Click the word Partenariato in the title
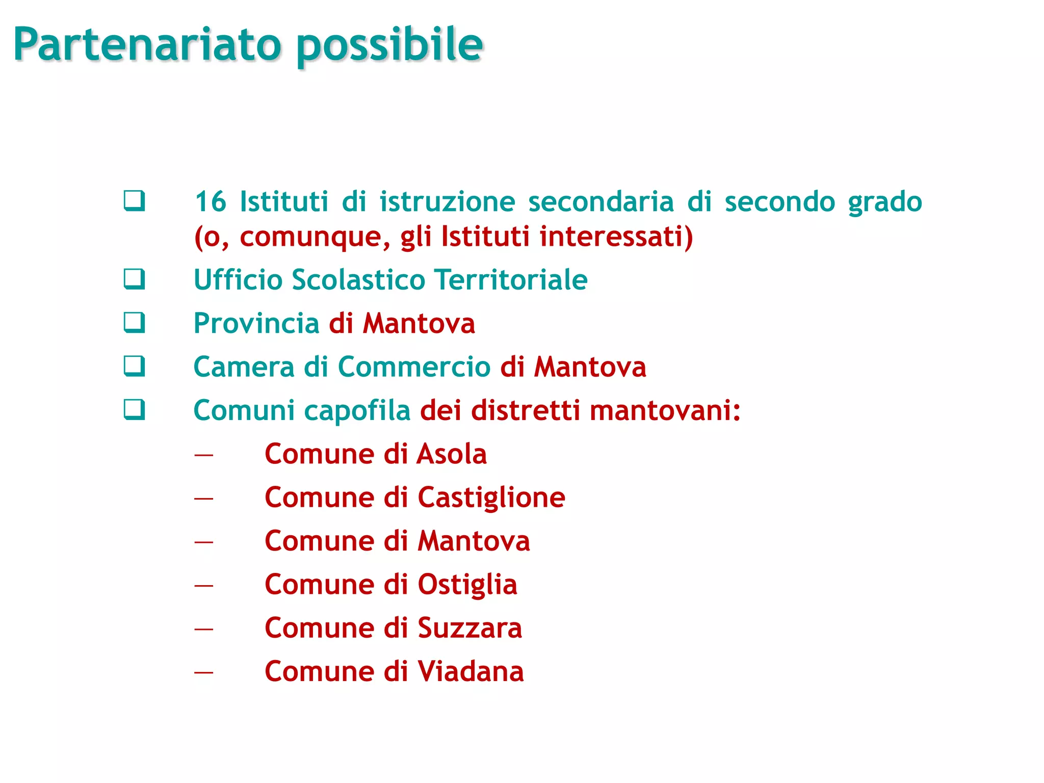(x=147, y=45)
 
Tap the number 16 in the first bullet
(x=210, y=201)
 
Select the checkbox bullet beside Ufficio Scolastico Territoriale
(x=134, y=279)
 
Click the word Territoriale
(x=511, y=280)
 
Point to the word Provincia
(x=256, y=324)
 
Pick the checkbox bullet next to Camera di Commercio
(x=134, y=366)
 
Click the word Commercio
(x=414, y=367)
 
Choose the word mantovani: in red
(x=665, y=410)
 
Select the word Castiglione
(x=491, y=498)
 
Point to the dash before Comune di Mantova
(x=203, y=542)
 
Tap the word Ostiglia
(x=467, y=585)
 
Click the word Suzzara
(x=469, y=628)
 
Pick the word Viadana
(x=471, y=671)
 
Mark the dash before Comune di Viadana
(x=203, y=672)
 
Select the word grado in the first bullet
(x=885, y=202)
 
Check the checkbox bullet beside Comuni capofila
(x=134, y=409)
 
